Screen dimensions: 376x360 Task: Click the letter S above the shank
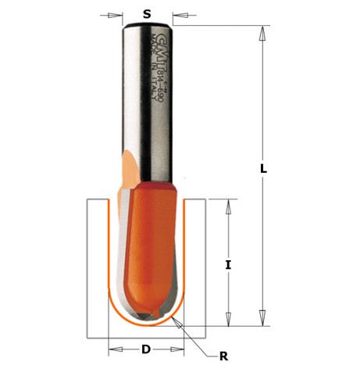click(x=147, y=13)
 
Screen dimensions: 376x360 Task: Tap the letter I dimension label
click(x=228, y=265)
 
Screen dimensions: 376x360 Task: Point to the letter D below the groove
click(x=146, y=349)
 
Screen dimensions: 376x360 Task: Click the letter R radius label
click(x=223, y=356)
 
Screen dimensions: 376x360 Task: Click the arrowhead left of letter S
click(x=118, y=14)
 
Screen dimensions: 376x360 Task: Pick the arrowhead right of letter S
click(x=177, y=14)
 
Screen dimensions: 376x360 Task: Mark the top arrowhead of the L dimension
click(x=263, y=30)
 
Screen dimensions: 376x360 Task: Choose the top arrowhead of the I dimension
click(x=228, y=205)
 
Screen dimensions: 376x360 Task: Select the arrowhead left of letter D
click(x=113, y=349)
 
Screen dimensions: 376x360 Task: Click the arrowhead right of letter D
click(x=179, y=349)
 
